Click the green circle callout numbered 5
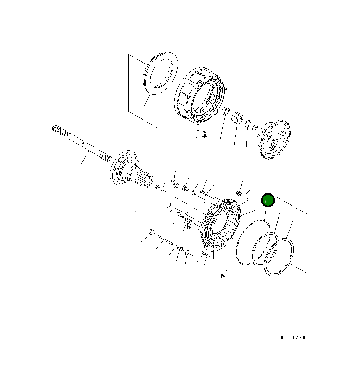click(x=267, y=201)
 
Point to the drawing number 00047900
click(x=295, y=338)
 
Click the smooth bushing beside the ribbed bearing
click(x=226, y=112)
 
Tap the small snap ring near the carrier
click(x=247, y=123)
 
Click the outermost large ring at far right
click(x=279, y=257)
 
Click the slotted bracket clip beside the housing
click(x=187, y=223)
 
